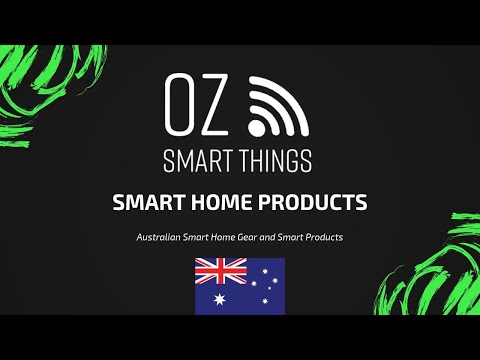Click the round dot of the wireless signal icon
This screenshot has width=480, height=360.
[x=255, y=127]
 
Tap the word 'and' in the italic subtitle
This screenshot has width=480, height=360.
[x=287, y=237]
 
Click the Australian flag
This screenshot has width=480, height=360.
[x=240, y=285]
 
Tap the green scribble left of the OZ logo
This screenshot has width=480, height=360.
[x=40, y=90]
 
